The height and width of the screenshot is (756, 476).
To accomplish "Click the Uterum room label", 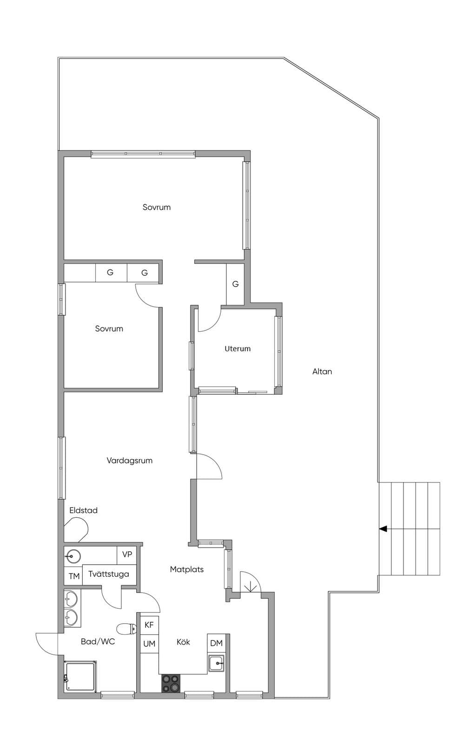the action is (238, 349).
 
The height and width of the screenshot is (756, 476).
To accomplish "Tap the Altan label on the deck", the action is (322, 371).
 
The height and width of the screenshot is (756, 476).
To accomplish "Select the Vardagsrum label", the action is (129, 461).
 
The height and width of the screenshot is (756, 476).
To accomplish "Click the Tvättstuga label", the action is (109, 574).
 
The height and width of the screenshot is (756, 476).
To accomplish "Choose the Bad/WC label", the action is (98, 642).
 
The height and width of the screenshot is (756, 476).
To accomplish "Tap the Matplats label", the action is (187, 569).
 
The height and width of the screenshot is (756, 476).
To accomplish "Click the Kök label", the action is (184, 642).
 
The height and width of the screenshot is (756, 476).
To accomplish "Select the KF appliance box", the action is (149, 625).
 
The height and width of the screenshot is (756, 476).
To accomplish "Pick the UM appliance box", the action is (149, 644).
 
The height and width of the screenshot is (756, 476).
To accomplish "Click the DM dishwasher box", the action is (216, 643).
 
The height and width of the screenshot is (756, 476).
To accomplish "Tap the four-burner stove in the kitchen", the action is (171, 684).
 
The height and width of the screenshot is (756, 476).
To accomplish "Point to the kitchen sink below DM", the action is (216, 663).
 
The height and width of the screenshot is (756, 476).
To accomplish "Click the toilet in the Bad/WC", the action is (127, 628).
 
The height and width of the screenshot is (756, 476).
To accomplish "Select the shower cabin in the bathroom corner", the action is (81, 676).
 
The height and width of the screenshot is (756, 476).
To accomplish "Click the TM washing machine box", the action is (73, 576).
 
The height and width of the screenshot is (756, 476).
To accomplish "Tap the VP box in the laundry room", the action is (127, 554).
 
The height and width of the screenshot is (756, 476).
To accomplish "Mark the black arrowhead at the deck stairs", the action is (383, 529).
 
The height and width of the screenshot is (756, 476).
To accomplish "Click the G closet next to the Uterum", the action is (236, 284).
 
